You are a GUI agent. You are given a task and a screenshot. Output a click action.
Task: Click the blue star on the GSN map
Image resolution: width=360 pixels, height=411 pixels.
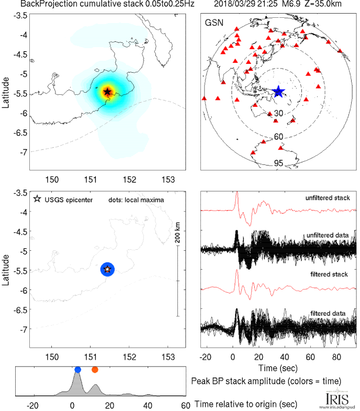(x=278, y=92)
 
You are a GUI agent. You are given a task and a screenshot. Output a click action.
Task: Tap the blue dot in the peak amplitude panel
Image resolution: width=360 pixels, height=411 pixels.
(x=77, y=370)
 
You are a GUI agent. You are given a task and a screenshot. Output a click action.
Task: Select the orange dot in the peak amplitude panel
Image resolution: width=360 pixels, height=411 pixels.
(x=95, y=370)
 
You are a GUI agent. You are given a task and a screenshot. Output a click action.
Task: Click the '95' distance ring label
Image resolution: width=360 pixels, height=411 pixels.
(x=279, y=163)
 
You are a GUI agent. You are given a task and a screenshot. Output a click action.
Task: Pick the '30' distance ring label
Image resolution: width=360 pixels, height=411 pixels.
(x=279, y=113)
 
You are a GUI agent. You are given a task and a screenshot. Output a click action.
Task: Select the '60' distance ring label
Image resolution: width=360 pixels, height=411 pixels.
(x=279, y=137)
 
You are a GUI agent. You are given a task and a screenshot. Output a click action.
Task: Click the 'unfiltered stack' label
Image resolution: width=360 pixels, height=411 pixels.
(x=328, y=198)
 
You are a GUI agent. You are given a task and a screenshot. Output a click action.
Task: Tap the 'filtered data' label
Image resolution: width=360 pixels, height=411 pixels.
(x=331, y=313)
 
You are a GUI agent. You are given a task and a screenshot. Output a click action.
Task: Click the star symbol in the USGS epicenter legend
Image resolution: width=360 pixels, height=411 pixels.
(x=37, y=199)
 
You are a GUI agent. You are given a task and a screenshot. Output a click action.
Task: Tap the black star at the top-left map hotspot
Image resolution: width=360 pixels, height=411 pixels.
(x=107, y=92)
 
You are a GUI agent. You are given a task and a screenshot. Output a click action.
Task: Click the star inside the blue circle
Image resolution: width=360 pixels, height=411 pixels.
(x=107, y=269)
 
